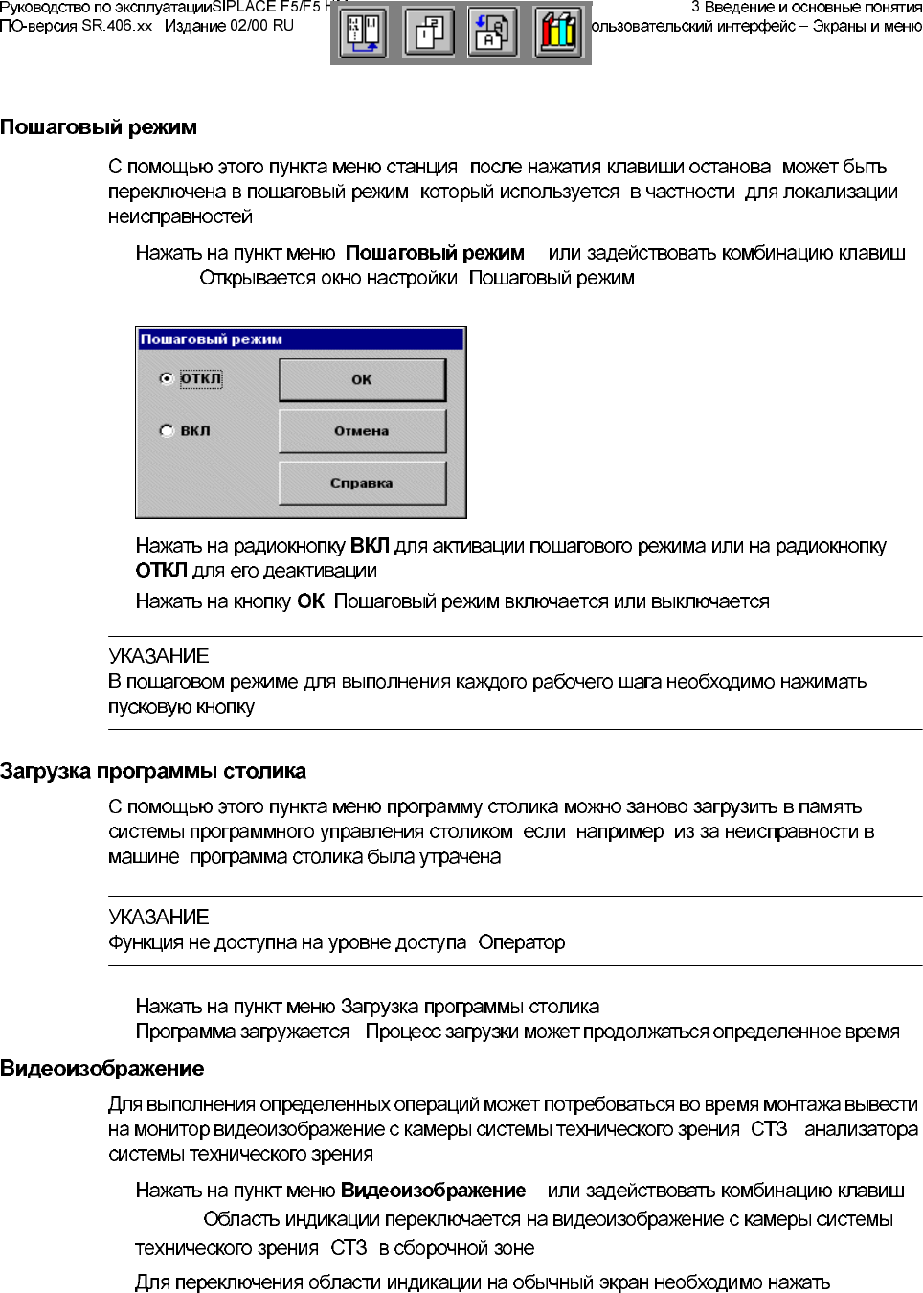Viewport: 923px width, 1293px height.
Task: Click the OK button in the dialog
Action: point(362,379)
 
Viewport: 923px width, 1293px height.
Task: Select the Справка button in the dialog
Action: point(362,483)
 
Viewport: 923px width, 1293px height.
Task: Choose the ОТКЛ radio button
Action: point(167,379)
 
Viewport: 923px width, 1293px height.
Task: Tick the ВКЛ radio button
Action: point(167,431)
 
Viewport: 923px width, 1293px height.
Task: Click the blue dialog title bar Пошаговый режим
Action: point(300,339)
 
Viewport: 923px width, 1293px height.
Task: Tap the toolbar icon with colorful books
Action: point(558,33)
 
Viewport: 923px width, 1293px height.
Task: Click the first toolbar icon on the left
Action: point(364,33)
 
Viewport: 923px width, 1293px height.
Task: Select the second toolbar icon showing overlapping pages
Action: point(429,33)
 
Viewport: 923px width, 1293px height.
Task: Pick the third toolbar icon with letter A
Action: point(493,33)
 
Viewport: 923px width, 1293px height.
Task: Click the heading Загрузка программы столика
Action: point(153,771)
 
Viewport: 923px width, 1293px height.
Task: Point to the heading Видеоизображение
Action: point(102,1069)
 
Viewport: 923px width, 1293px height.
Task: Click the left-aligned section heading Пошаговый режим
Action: point(99,127)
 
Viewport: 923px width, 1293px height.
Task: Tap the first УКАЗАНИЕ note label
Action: point(159,656)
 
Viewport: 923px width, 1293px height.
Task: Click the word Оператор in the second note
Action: point(522,942)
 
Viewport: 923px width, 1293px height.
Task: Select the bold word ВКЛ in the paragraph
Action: point(370,546)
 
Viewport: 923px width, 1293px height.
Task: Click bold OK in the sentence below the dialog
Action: point(311,601)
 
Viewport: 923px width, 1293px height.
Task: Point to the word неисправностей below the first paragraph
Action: point(180,217)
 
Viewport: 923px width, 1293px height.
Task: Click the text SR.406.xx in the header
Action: point(117,26)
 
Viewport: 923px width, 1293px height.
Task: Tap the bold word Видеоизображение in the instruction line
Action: point(434,1191)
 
